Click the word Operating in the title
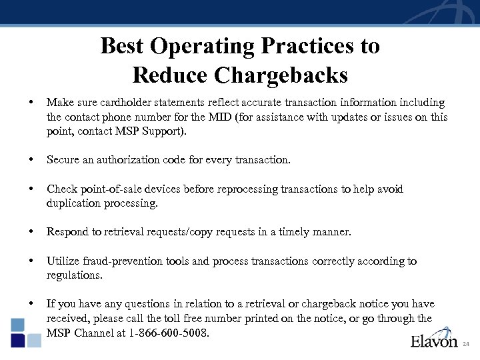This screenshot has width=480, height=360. (202, 46)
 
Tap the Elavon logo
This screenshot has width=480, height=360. (433, 341)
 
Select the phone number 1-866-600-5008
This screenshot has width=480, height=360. (170, 332)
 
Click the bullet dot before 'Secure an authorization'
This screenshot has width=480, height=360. (31, 160)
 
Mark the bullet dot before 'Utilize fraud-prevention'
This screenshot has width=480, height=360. (31, 261)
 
